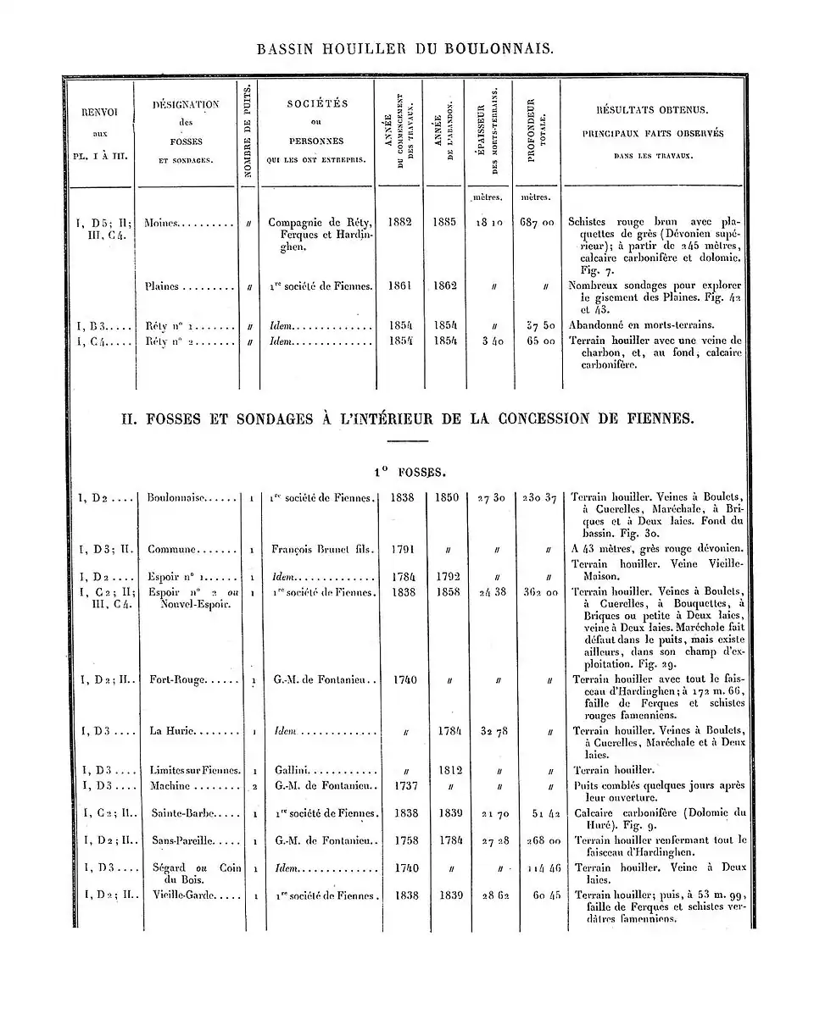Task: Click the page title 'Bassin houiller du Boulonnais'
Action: [406, 49]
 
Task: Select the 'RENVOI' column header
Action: [99, 111]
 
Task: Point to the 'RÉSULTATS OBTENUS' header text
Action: [652, 110]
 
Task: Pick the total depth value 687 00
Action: [537, 222]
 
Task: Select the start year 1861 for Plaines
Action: [399, 285]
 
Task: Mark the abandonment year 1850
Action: [444, 497]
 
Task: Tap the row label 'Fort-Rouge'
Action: [176, 679]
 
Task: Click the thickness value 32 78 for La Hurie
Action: [489, 730]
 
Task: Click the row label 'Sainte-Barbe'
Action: [180, 812]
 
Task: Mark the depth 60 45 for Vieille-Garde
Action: [538, 895]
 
